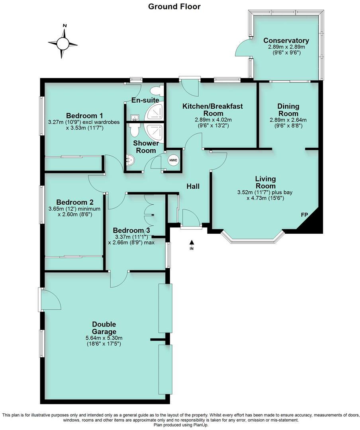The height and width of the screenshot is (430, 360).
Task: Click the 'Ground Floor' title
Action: point(174,6)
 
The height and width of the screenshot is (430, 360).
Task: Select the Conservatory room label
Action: point(286,41)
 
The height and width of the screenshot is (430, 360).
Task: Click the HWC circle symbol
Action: point(173,160)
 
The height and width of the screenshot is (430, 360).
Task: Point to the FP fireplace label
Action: point(304,215)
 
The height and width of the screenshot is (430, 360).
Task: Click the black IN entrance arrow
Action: point(192,242)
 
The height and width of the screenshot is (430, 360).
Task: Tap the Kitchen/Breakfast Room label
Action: point(212,109)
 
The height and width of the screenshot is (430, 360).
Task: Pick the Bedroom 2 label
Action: point(74,201)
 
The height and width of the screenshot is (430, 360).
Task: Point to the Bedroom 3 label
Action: point(131,231)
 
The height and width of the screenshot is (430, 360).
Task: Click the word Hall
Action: point(193,186)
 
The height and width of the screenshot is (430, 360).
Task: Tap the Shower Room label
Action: point(146,147)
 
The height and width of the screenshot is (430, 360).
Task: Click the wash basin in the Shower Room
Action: point(130,160)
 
